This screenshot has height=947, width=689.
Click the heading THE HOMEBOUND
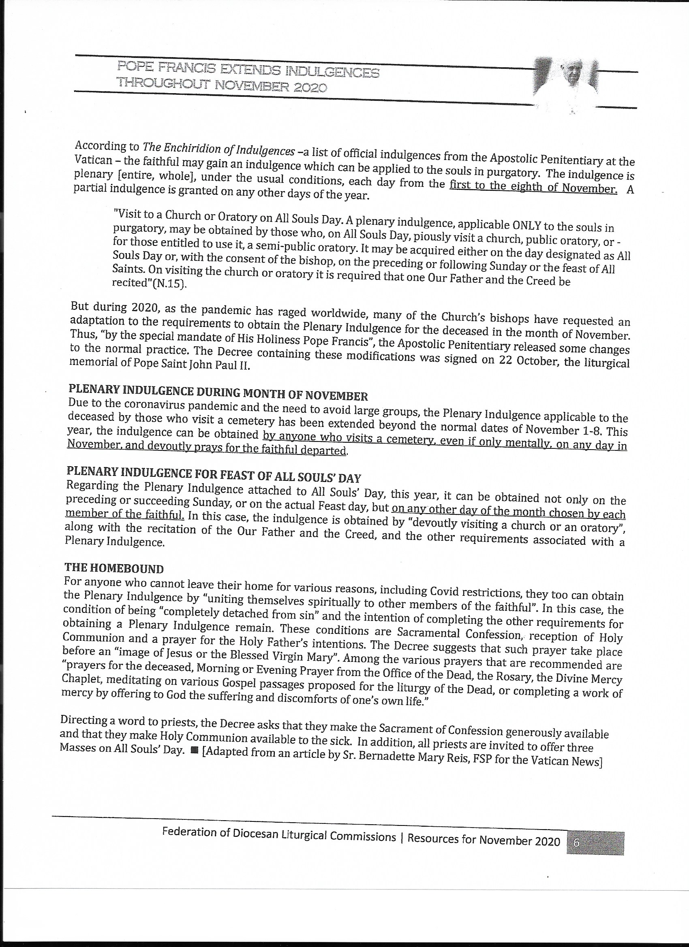coord(114,568)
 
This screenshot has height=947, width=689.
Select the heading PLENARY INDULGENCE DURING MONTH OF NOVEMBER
coord(218,392)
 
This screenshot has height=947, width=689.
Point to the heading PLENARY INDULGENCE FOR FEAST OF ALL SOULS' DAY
coord(214,474)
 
